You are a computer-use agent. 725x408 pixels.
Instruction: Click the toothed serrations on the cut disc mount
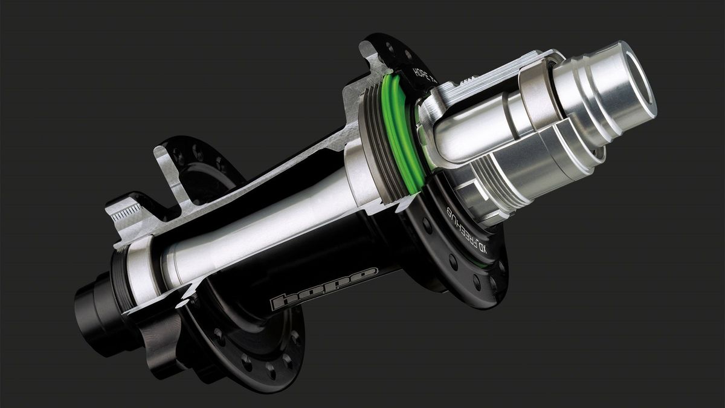pos(127,211)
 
